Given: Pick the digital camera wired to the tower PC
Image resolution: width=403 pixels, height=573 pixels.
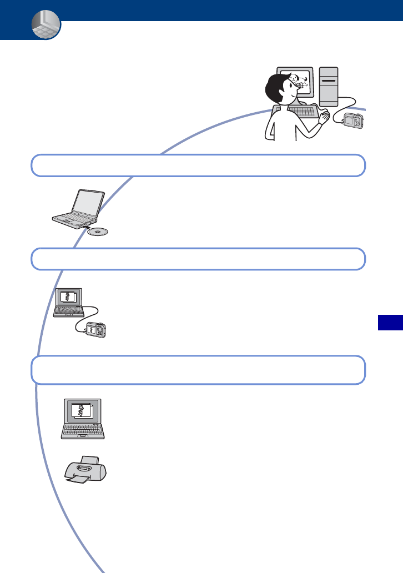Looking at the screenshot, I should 353,120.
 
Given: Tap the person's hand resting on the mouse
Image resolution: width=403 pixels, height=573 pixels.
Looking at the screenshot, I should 324,116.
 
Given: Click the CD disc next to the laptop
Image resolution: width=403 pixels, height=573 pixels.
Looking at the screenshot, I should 99,232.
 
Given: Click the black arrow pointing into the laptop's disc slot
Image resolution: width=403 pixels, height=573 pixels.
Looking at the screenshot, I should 83,227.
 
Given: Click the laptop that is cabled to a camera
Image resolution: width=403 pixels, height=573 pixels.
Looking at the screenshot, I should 67,303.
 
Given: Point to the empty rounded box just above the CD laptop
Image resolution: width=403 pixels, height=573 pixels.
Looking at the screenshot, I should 198,165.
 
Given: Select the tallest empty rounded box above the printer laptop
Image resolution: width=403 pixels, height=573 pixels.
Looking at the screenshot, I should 198,370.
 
